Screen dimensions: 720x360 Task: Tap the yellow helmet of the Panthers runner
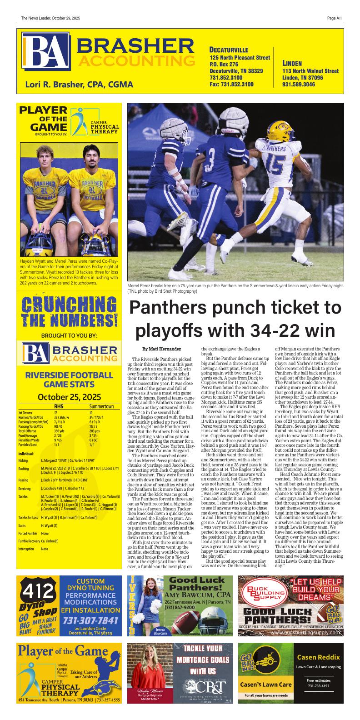[281, 130]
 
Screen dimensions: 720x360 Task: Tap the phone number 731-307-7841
[90, 621]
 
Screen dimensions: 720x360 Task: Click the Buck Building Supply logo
[262, 593]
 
